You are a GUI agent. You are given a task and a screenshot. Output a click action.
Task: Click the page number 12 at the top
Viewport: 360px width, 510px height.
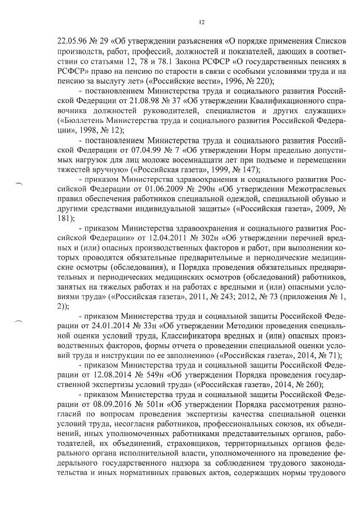click(202, 22)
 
